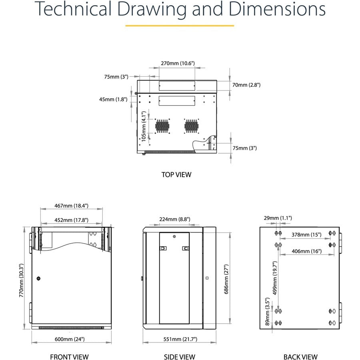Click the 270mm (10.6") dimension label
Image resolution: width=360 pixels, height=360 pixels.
point(178,63)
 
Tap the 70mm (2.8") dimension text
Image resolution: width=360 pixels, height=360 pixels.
point(246,85)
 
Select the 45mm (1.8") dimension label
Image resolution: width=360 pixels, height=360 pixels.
point(113,100)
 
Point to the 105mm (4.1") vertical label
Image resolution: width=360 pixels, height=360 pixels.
point(144,126)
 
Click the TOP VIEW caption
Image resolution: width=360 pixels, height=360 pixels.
point(176,175)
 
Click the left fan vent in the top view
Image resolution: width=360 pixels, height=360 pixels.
point(162,126)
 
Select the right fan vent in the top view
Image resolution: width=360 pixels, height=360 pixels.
point(191,126)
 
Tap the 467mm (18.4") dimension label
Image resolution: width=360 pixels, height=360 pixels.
point(72,206)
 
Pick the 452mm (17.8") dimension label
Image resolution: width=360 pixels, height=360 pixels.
point(72,220)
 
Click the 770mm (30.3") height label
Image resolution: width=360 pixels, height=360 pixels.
point(21,280)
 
